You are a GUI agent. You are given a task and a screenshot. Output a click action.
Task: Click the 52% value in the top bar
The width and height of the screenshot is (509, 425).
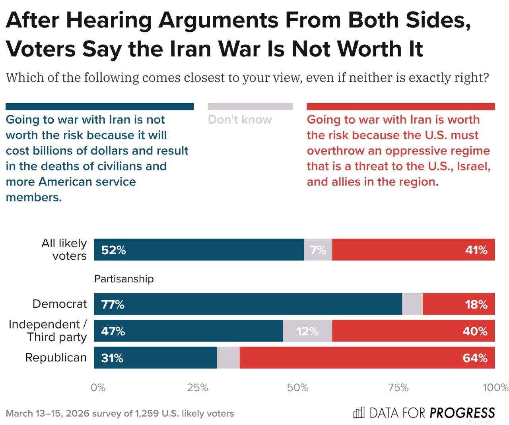[x=113, y=250]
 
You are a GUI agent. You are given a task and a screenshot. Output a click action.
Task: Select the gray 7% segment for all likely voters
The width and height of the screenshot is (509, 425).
[x=318, y=250]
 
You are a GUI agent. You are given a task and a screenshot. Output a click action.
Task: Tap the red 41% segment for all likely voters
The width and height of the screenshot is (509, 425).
[x=414, y=250]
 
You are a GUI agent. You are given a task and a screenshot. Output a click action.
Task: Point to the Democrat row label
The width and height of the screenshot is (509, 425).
[x=60, y=304]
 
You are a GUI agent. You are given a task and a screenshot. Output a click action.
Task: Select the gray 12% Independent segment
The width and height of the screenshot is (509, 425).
[x=307, y=331]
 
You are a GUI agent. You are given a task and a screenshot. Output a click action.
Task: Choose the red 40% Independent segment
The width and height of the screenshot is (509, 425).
[x=414, y=331]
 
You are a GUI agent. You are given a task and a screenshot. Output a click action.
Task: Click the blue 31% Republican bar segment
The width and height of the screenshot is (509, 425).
[x=155, y=358]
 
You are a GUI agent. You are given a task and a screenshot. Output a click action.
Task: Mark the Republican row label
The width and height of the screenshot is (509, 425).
[x=56, y=357]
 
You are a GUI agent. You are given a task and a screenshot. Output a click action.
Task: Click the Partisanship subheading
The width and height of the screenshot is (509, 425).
[x=124, y=279]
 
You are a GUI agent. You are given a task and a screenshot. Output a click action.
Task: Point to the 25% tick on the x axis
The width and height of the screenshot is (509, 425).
[x=198, y=388]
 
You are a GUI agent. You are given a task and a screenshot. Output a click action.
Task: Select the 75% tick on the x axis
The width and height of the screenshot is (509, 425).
[x=398, y=388]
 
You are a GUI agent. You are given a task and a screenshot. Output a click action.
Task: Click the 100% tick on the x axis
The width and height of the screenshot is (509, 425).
[x=495, y=388]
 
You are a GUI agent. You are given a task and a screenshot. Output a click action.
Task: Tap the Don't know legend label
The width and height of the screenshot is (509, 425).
[x=240, y=120]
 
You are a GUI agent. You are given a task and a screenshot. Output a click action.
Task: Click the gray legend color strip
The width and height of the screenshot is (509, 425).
[x=250, y=106]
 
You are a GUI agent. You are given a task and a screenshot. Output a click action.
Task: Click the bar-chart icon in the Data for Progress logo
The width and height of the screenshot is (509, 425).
[x=359, y=413]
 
